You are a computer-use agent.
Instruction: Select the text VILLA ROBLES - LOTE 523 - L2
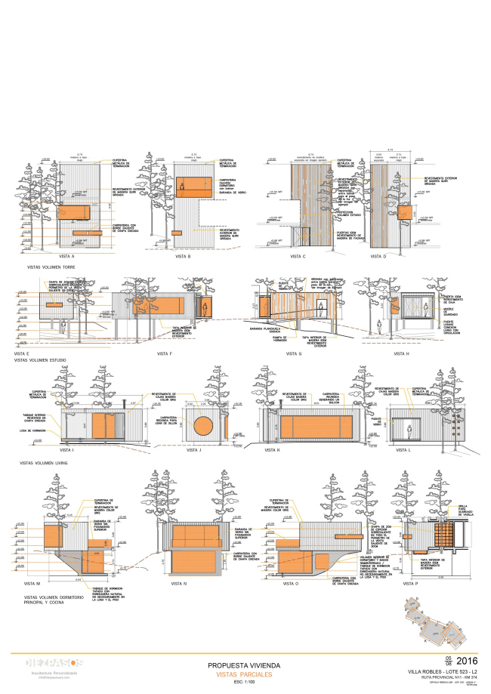pos(448,671)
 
